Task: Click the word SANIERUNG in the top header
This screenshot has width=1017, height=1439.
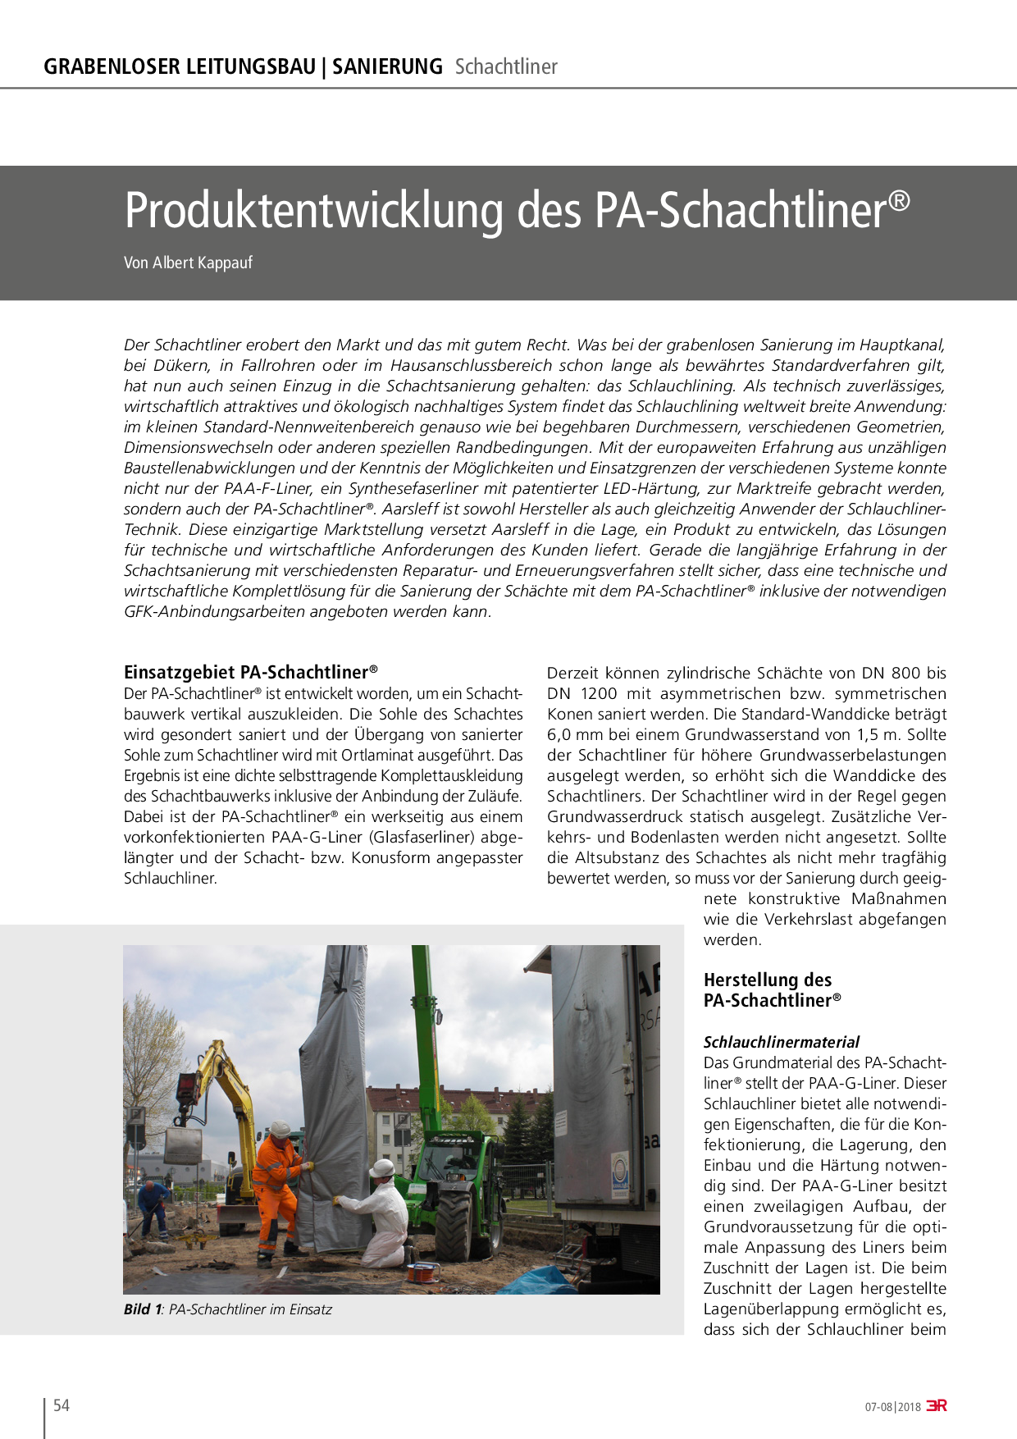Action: click(387, 66)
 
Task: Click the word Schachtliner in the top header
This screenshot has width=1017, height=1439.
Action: click(506, 66)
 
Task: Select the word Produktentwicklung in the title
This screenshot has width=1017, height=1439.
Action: click(312, 211)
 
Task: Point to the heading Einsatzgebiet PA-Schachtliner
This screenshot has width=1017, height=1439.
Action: click(250, 672)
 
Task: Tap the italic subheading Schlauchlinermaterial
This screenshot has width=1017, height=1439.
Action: click(781, 1042)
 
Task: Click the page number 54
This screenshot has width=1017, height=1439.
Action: click(62, 1405)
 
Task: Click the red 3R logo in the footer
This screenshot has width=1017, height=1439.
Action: click(937, 1405)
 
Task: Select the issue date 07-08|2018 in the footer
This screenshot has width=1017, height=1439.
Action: click(892, 1406)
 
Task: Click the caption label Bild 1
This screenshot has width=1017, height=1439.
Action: click(143, 1309)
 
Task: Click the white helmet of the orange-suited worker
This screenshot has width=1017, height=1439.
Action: click(280, 1130)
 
